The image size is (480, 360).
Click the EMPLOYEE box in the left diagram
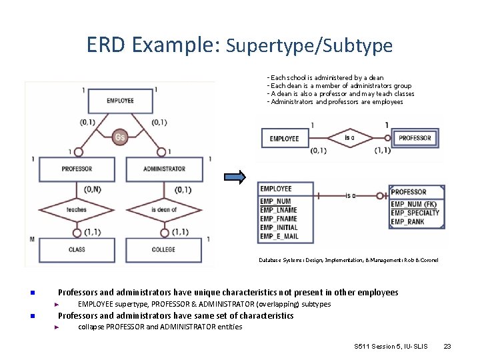(120, 101)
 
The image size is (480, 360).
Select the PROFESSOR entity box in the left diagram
(77, 169)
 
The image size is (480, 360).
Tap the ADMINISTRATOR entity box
(164, 169)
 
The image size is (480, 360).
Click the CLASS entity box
(77, 249)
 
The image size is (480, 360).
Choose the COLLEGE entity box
(163, 249)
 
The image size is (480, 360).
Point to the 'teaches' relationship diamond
(77, 209)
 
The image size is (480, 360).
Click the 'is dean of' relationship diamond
(163, 209)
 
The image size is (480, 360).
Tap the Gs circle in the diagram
(119, 137)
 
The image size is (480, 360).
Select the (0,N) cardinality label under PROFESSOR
(93, 190)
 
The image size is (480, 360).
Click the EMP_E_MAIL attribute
(279, 236)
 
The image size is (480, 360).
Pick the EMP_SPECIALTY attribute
(415, 213)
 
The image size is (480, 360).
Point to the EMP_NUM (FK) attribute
(413, 204)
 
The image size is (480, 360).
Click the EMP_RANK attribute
(407, 221)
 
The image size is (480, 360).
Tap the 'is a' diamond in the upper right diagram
(350, 138)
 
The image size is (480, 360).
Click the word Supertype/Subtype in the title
(309, 45)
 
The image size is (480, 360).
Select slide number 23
(447, 346)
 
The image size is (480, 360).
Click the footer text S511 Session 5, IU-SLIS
(391, 346)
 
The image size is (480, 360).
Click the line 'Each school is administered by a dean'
(327, 78)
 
